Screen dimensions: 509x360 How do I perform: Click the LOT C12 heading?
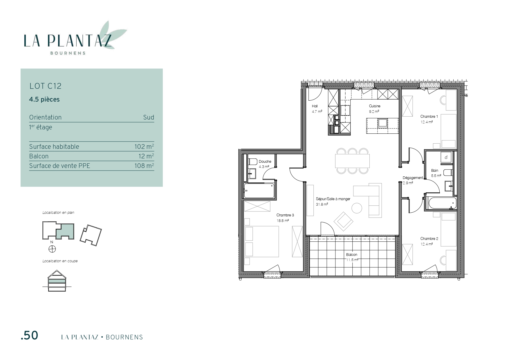45,86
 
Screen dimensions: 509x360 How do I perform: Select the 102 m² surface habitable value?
144,146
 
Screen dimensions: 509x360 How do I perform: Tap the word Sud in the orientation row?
149,117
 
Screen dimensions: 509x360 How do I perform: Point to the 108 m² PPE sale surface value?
144,165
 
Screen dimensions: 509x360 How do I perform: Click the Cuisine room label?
375,106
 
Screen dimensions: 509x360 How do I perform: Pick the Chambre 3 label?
285,215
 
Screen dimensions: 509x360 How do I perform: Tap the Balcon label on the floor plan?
351,255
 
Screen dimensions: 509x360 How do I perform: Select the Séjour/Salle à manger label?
333,199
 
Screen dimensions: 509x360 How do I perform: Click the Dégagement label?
413,178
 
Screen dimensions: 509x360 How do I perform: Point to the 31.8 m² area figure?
322,204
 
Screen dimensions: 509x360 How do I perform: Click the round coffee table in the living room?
357,208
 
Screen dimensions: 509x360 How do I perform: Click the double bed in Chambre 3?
262,242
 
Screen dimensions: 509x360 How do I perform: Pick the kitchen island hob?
382,123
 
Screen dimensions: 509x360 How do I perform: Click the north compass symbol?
52,249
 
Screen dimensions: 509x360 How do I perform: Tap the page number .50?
29,335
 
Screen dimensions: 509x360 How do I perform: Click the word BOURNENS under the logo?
68,53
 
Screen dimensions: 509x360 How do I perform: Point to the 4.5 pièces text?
44,100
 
